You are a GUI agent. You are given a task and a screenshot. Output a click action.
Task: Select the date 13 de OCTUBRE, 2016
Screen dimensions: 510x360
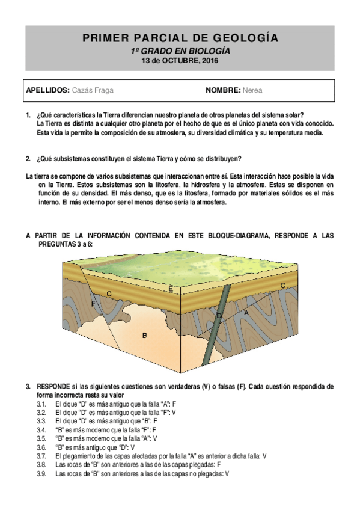(x=180, y=61)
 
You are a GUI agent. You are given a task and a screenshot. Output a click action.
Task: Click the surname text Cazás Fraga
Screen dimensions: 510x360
(x=93, y=91)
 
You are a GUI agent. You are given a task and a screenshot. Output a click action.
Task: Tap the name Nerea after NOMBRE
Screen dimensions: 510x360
(x=252, y=91)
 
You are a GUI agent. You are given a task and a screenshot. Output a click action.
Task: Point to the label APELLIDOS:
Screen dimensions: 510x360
(x=48, y=91)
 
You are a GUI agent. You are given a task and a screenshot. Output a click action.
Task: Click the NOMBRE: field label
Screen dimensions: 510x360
(x=223, y=91)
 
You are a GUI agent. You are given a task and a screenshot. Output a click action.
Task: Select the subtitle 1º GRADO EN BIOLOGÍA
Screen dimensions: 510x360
(x=180, y=51)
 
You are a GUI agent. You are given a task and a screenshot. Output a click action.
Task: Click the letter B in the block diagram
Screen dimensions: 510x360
(x=144, y=335)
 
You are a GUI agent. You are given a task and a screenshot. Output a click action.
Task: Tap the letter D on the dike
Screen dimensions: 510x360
(x=219, y=315)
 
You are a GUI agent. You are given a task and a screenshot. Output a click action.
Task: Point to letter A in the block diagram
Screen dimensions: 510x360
(x=245, y=313)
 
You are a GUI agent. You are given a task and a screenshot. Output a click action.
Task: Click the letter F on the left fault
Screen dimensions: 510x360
(x=93, y=305)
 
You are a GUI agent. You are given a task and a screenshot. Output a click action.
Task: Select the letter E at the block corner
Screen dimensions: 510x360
(x=171, y=290)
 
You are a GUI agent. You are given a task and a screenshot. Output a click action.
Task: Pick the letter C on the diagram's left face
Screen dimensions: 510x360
(x=109, y=293)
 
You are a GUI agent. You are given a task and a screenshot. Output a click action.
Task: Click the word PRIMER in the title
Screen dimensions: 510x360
(x=103, y=38)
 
